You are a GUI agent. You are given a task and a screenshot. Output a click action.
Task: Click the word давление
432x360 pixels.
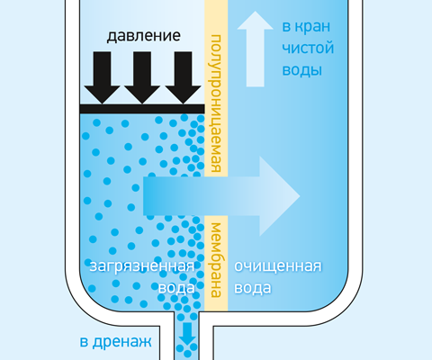coord(144,36)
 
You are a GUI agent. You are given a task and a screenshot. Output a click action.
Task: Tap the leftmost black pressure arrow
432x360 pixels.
coord(102,77)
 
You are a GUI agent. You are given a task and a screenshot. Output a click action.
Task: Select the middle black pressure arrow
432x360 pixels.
coord(142,77)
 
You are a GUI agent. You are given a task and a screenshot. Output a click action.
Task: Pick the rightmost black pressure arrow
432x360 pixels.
coord(183,77)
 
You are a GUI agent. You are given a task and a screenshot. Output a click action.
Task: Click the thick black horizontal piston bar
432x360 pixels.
coord(142,109)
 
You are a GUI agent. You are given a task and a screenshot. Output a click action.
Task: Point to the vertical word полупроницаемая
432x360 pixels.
coord(216,103)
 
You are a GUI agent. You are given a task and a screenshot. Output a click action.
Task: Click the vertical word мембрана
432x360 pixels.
coord(216,260)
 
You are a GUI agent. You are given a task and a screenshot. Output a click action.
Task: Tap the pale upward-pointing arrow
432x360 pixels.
coord(255,49)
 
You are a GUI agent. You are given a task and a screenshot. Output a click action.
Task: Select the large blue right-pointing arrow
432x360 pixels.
coord(221,196)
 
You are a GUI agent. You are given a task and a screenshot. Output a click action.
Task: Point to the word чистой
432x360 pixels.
coord(308,48)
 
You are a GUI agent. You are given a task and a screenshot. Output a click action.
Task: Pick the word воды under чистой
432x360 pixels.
coord(302,70)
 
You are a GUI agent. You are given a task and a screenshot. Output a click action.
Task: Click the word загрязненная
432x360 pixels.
coord(142,266)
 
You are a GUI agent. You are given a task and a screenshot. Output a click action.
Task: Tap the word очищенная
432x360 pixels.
coord(278,266)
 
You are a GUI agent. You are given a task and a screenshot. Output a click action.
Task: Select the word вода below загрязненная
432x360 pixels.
coord(176,288)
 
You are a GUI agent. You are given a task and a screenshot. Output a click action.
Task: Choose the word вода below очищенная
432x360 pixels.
coord(253,288)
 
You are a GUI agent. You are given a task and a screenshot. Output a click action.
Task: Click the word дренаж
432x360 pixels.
coord(121,342)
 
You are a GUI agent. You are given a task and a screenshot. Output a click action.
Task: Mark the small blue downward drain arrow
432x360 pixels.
coord(187,334)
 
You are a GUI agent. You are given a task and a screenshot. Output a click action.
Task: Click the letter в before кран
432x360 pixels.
coord(286,27)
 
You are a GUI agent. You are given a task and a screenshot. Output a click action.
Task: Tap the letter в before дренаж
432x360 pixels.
coord(84,342)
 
